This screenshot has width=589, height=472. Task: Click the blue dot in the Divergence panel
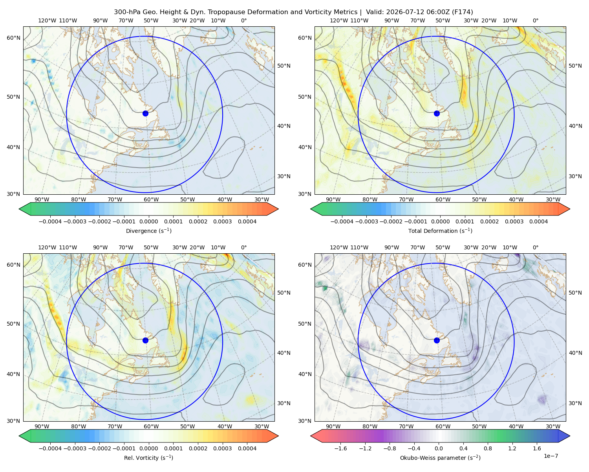coord(145,113)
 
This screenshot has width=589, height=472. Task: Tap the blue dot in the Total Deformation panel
coord(437,113)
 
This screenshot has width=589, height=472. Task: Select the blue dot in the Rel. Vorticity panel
coord(145,340)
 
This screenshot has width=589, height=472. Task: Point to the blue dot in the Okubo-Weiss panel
coord(437,340)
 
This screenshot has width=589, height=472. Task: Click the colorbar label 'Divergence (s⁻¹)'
coord(148,230)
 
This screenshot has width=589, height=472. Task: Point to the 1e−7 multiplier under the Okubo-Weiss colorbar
coord(551,456)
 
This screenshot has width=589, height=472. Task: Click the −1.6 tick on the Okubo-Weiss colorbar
coord(340,448)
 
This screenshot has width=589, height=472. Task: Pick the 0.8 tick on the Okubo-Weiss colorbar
coord(488,448)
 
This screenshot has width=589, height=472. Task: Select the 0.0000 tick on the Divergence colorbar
coord(148,221)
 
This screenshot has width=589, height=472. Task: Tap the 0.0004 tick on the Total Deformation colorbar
coord(538,221)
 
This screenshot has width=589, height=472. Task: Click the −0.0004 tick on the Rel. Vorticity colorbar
coord(50,448)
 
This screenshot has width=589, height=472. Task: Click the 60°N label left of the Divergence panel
coord(13,38)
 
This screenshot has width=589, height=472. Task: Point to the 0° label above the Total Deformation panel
coord(535,20)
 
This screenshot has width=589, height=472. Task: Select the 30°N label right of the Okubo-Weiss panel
coord(575,403)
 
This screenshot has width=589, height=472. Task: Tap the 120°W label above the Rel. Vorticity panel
coord(47,247)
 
